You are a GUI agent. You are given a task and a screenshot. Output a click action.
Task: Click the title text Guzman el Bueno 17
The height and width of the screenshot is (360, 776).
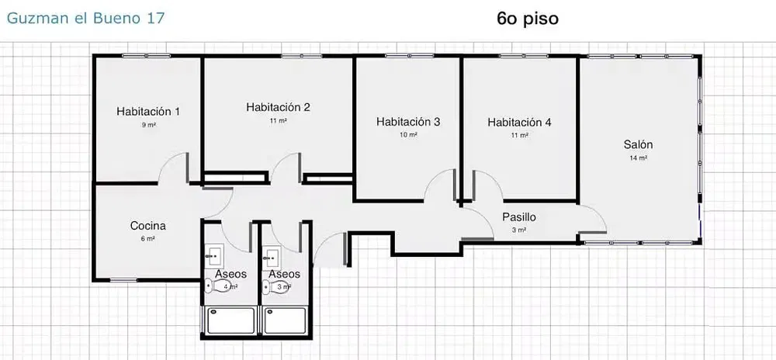click(85, 18)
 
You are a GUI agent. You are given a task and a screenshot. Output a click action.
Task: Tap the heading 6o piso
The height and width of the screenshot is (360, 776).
click(528, 18)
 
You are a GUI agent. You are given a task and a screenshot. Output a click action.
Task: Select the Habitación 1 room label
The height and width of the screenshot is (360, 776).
click(148, 112)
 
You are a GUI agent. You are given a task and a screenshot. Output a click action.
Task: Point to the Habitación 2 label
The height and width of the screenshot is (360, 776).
click(278, 107)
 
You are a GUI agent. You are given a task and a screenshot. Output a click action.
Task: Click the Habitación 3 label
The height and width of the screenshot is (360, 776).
click(408, 121)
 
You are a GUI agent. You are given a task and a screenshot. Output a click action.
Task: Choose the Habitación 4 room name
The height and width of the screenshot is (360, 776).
click(519, 122)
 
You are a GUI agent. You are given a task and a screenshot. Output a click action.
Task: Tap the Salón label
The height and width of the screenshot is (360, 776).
click(638, 144)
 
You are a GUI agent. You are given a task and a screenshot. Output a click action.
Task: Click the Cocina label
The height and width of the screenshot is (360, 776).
click(147, 226)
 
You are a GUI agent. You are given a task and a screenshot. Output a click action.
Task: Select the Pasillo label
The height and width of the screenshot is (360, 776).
click(519, 217)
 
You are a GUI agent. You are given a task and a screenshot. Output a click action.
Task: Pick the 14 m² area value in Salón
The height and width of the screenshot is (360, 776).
click(638, 157)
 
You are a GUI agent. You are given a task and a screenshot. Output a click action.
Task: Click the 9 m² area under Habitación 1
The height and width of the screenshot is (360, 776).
click(148, 125)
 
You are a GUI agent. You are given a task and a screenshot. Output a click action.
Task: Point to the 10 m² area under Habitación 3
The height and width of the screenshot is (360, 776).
click(408, 134)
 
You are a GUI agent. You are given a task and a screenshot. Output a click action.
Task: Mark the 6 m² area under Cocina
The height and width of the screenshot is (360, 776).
click(147, 239)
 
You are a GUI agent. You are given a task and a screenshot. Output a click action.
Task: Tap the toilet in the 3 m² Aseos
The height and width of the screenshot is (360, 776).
click(268, 287)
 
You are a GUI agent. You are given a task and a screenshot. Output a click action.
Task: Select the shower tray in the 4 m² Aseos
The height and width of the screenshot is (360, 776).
click(230, 320)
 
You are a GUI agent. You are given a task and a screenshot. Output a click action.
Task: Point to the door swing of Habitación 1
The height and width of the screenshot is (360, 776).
click(175, 167)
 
